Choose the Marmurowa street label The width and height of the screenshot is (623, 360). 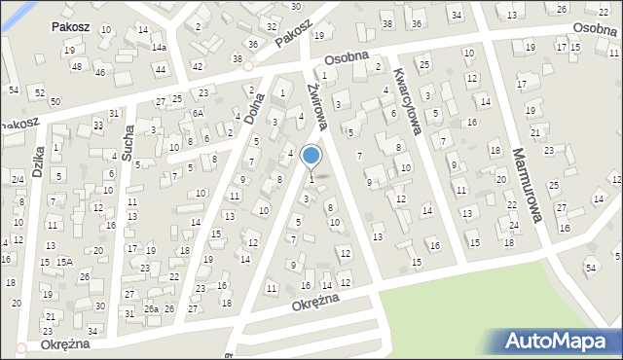tap(526, 184)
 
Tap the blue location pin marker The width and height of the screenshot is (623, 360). tap(311, 156)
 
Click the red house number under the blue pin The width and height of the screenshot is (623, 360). tap(311, 178)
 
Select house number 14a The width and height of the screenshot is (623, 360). tap(159, 47)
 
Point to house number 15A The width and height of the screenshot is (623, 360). tap(64, 262)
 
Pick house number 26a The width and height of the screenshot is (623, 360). tap(151, 308)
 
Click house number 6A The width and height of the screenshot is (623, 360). tap(197, 113)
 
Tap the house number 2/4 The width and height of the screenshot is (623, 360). tap(18, 180)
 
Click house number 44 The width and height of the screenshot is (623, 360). tap(161, 69)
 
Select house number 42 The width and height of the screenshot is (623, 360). tap(198, 66)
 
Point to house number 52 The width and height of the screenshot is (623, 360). tap(40, 92)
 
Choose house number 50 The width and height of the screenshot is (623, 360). tap(55, 101)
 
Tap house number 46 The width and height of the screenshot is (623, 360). tap(99, 72)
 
